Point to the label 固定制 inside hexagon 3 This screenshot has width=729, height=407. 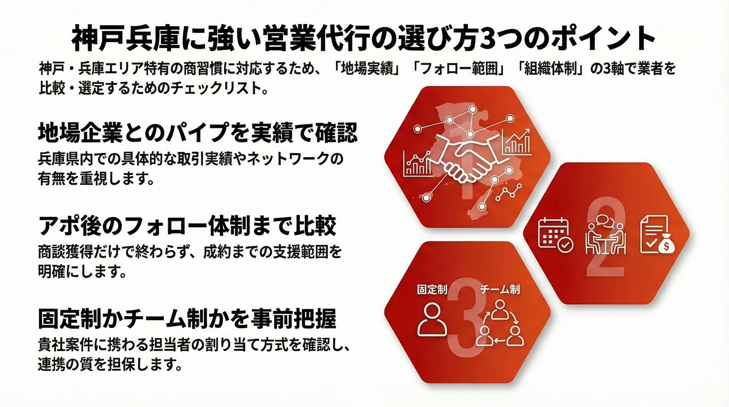(432, 290)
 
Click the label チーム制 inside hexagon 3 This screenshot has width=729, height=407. (500, 290)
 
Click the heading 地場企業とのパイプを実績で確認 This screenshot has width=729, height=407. (198, 132)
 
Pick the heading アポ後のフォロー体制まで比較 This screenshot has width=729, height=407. (187, 226)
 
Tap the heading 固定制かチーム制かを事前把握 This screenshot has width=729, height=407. (187, 319)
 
